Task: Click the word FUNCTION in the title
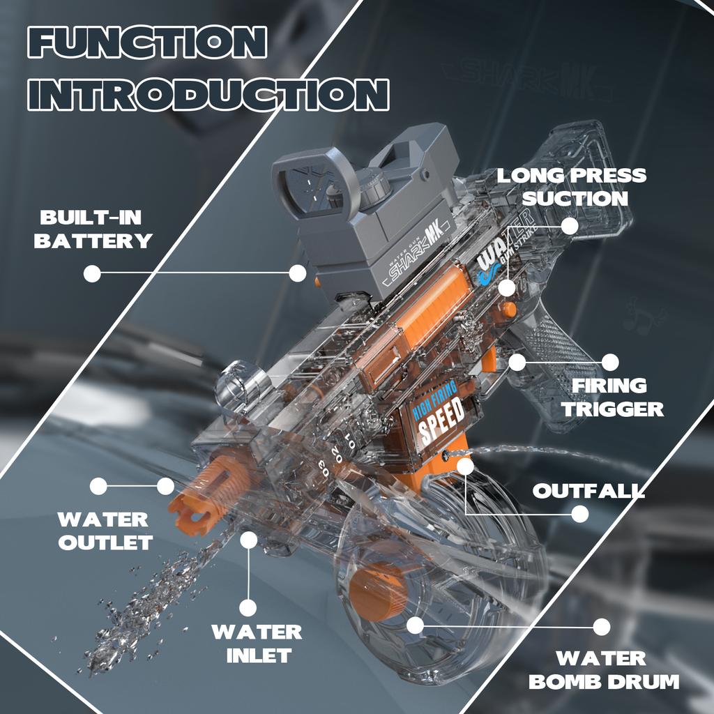[x=147, y=43]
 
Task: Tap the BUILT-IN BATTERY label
[x=93, y=229]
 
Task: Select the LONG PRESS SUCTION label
[x=572, y=186]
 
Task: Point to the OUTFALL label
[x=588, y=490]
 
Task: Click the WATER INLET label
[x=257, y=644]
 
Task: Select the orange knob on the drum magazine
[x=376, y=592]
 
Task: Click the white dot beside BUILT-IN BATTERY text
[x=92, y=273]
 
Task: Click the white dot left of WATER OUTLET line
[x=98, y=486]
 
